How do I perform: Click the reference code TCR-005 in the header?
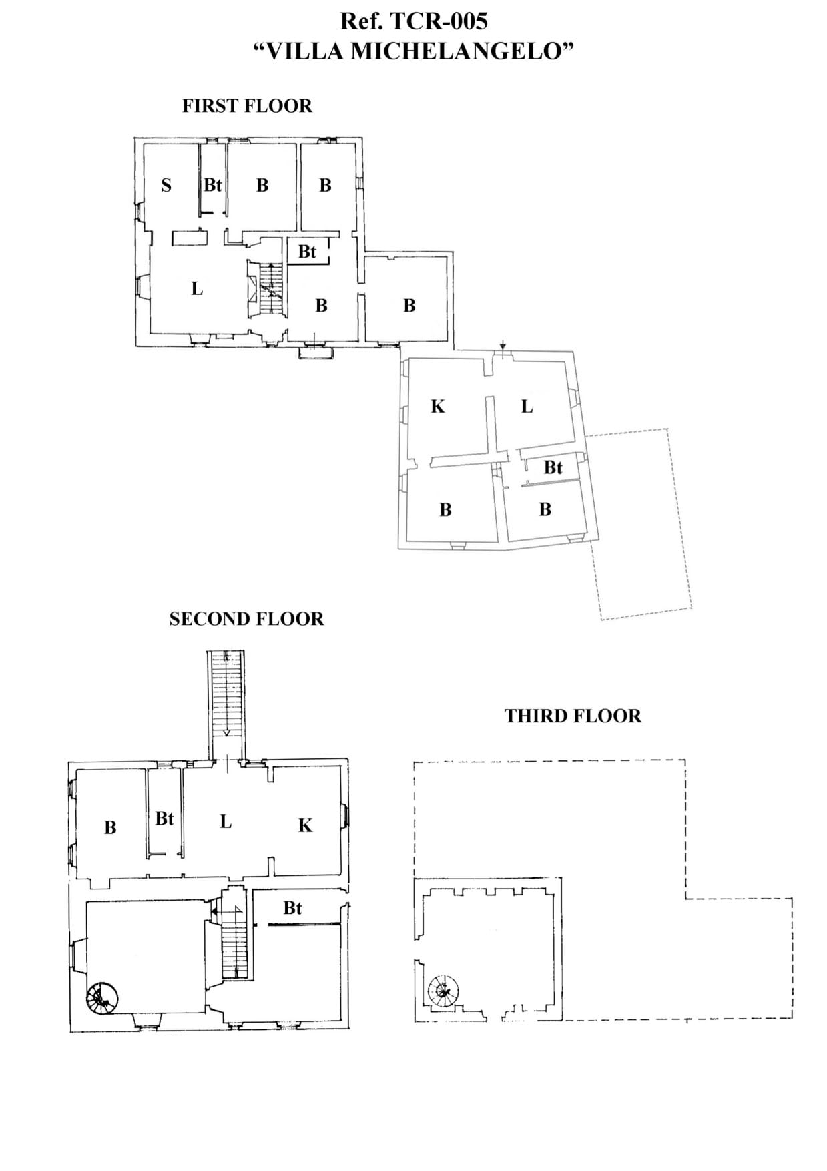(x=437, y=21)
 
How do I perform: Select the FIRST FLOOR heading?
(x=247, y=106)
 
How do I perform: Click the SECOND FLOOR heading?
(x=246, y=619)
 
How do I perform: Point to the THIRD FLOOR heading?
(x=573, y=716)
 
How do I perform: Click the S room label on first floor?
(x=166, y=186)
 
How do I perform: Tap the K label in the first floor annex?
(x=437, y=407)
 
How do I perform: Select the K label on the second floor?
(x=305, y=826)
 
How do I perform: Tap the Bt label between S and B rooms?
(x=212, y=185)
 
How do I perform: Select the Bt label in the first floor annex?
(x=553, y=467)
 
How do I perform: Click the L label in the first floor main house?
(x=196, y=289)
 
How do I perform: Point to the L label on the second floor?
(x=226, y=822)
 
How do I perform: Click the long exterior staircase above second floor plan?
(x=227, y=694)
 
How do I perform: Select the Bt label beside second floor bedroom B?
(x=164, y=818)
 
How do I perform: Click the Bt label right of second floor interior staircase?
(x=292, y=908)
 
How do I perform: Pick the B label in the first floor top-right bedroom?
(x=325, y=186)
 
